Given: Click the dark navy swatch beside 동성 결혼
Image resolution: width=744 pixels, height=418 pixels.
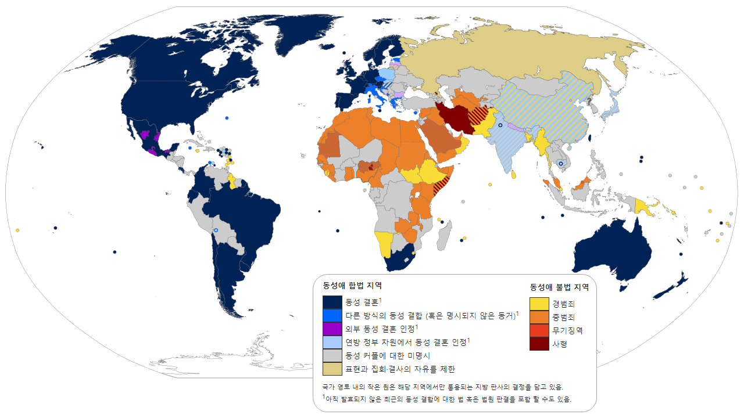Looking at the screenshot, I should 332,302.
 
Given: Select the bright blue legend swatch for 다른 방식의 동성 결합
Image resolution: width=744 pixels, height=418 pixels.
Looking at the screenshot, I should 332,316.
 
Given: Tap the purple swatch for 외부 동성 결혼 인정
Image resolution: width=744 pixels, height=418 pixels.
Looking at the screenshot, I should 332,329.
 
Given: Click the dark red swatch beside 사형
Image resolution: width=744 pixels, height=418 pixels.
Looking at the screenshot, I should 539,344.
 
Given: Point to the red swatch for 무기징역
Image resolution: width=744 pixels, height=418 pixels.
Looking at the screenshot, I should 539,330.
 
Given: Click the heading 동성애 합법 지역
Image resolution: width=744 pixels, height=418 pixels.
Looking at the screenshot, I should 352,286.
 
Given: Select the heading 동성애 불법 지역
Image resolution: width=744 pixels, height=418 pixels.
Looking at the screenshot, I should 559,287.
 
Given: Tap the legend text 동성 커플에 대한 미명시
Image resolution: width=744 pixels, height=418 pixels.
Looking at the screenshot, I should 387,355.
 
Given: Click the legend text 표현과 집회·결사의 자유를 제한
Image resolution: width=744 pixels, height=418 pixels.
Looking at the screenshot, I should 400,369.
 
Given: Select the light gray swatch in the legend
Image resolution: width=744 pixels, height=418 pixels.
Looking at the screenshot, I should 332,355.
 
